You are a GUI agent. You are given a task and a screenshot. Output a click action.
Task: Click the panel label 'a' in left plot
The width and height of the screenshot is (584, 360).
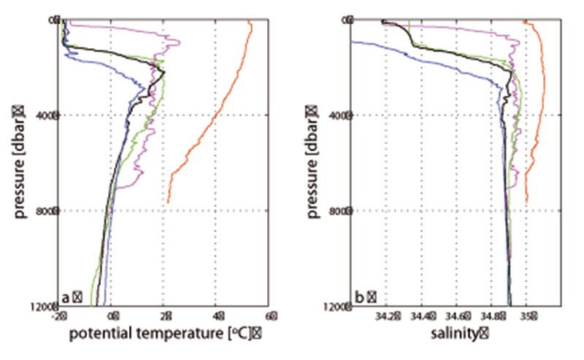coord(66,297)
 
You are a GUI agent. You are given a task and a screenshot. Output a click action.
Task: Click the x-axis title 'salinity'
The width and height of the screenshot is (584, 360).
coord(459,335)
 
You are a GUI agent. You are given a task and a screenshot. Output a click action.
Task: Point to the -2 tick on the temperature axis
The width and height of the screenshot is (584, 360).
coord(61,318)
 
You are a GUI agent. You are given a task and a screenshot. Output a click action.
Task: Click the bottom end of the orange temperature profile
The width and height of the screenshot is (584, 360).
coord(168,202)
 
